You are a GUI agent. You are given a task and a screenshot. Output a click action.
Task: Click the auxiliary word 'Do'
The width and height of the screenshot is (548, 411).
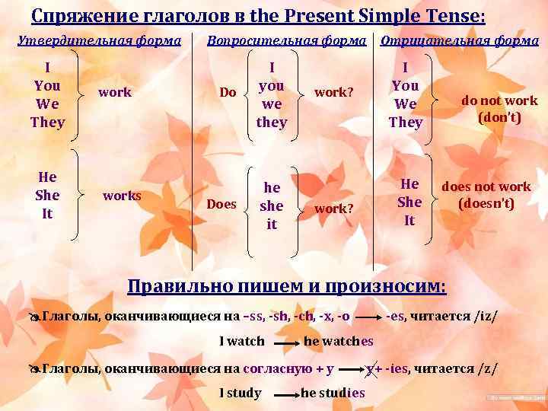pyautogui.click(x=228, y=93)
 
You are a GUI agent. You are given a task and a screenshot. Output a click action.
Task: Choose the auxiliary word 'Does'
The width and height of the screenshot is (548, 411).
pyautogui.click(x=221, y=205)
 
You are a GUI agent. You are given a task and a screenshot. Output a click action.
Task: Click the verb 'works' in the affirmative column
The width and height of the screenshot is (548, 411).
pyautogui.click(x=122, y=196)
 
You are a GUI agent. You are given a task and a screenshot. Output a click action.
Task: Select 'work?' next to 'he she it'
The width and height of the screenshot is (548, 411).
pyautogui.click(x=333, y=208)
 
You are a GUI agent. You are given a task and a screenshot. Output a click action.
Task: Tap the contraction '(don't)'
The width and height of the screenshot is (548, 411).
pyautogui.click(x=499, y=117)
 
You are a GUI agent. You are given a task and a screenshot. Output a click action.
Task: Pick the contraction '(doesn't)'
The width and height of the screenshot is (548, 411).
pyautogui.click(x=486, y=204)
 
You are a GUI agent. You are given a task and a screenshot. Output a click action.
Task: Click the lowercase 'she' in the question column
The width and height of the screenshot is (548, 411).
pyautogui.click(x=272, y=205)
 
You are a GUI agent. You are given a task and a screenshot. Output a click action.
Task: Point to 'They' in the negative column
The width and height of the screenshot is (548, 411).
pyautogui.click(x=405, y=122)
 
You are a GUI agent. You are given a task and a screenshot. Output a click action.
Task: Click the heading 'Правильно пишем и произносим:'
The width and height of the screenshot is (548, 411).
pyautogui.click(x=287, y=286)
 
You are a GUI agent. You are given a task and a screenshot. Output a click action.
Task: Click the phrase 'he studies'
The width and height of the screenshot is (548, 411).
pyautogui.click(x=333, y=393)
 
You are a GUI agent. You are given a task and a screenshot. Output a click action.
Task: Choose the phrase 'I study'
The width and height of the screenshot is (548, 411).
pyautogui.click(x=240, y=393)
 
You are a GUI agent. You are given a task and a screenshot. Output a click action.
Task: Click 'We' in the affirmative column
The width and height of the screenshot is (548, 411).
pyautogui.click(x=47, y=104)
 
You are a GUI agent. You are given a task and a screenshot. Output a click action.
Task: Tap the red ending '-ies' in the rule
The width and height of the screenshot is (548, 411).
pyautogui.click(x=397, y=369)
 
